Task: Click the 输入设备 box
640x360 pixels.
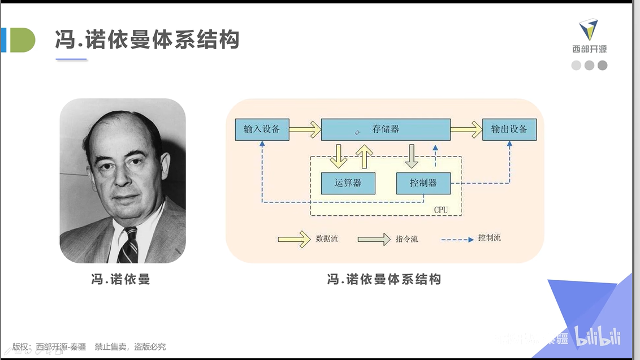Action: [x=262, y=129]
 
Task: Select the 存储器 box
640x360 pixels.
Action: [x=386, y=129]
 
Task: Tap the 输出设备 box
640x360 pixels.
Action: [x=509, y=129]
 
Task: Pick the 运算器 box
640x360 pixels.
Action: [x=348, y=183]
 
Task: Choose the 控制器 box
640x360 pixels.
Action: [x=424, y=183]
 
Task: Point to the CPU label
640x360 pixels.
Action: [x=440, y=210]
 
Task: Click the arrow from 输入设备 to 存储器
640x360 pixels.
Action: [x=305, y=129]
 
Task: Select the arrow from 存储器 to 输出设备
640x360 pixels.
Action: [x=466, y=129]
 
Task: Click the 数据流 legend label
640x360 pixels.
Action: [x=327, y=239]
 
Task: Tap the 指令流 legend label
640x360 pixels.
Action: [x=407, y=239]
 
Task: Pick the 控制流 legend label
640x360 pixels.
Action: [x=489, y=238]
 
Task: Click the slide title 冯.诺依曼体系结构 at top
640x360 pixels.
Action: [x=148, y=40]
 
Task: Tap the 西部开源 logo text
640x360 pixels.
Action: [x=589, y=49]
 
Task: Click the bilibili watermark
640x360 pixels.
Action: [x=598, y=337]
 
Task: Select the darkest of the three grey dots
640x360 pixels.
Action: [x=603, y=65]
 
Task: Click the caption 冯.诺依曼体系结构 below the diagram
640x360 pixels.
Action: [x=384, y=279]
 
